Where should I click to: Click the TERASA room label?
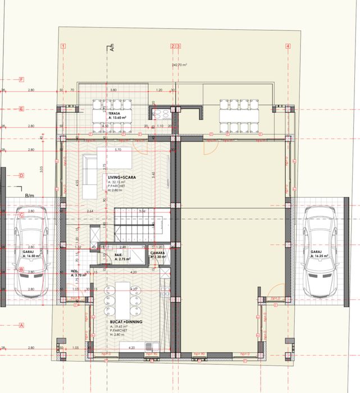[x=116, y=113]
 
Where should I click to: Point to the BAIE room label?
[x=119, y=254]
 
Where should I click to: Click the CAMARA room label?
[x=157, y=253]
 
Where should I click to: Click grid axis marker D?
[x=21, y=176]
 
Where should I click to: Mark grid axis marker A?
[x=21, y=325]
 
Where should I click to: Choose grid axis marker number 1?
[x=63, y=46]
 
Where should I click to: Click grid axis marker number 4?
[x=288, y=46]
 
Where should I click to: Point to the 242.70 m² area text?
[x=179, y=65]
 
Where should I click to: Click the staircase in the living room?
[x=135, y=222]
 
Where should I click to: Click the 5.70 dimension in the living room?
[x=118, y=150]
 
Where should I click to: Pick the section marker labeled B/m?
[x=30, y=195]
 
